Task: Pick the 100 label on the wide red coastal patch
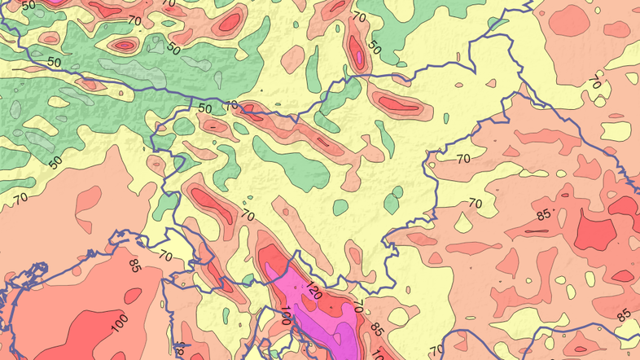119,324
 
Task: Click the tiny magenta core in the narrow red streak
359,55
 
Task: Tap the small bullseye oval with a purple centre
125,46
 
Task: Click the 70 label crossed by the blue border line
231,105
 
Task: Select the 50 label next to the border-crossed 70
204,108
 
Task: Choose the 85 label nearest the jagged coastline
136,264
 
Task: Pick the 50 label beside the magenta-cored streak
375,48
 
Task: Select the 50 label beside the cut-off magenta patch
30,5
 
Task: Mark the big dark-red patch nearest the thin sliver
593,231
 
